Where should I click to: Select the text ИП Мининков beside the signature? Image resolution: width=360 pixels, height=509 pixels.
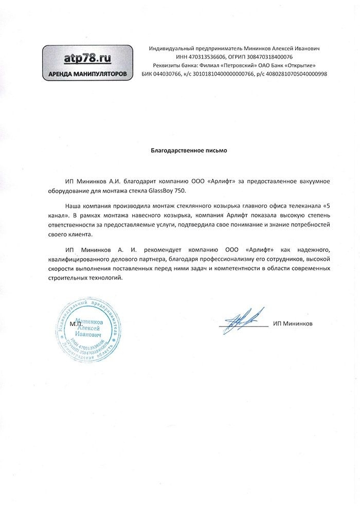coord(293,324)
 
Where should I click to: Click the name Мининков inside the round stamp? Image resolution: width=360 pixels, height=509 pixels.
coord(89,320)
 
